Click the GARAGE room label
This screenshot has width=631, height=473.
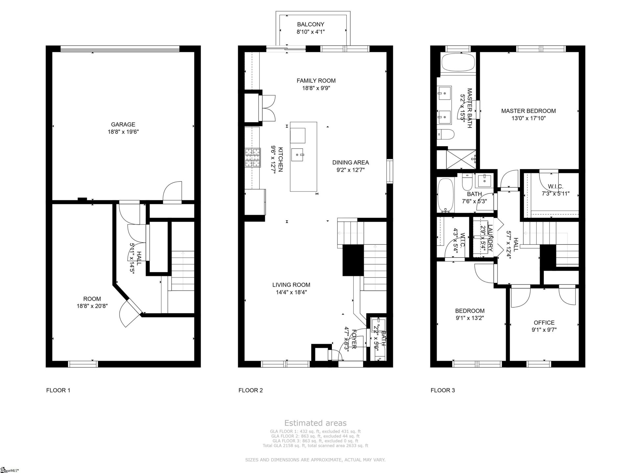pos(123,124)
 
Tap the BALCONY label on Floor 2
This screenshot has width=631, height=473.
pos(311,24)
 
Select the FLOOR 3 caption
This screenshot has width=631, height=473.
pos(443,390)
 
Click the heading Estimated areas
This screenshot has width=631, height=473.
pos(315,423)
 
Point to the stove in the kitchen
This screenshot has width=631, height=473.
pos(252,158)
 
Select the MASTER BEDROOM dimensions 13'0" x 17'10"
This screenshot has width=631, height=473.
pos(528,118)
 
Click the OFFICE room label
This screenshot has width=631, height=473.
pos(544,323)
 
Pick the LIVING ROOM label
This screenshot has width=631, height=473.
pos(291,285)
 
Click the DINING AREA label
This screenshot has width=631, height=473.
pos(350,162)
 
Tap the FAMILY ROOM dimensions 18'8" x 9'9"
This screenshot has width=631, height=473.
pos(316,88)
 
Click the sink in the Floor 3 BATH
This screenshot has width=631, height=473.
pos(484,181)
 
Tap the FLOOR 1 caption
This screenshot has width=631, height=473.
pos(58,390)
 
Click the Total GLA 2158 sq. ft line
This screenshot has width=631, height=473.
pos(315,446)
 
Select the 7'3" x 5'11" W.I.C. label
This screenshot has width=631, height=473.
pos(555,194)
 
